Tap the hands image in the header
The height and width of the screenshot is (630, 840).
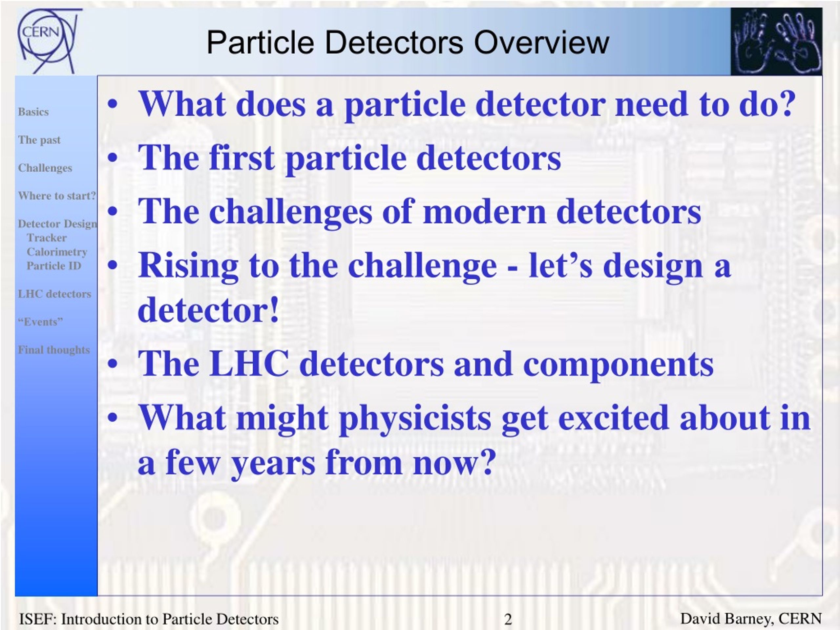point(776,41)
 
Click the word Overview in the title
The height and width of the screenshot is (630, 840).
point(541,43)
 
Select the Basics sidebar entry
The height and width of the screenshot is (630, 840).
point(33,112)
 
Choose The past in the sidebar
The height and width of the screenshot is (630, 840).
point(39,140)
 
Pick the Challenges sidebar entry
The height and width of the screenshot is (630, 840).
point(45,168)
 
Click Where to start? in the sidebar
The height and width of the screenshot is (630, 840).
point(57,196)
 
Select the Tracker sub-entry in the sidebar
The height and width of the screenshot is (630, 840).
point(47,238)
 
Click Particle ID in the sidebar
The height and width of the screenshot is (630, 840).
point(54,266)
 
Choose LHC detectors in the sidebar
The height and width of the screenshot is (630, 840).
point(54,294)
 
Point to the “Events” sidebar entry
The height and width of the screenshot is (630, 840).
point(40,322)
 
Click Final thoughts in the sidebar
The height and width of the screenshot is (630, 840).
point(54,350)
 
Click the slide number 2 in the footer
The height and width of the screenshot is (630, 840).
point(508,619)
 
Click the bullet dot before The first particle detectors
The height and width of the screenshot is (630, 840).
point(113,158)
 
